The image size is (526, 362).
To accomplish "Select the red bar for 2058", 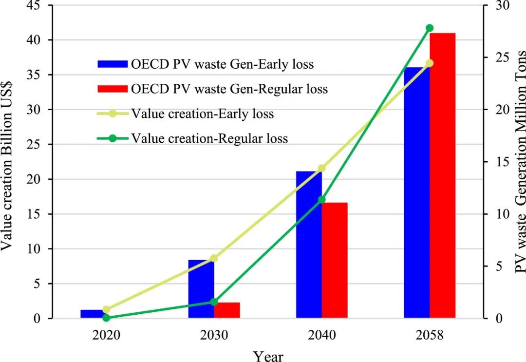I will pos(442,175).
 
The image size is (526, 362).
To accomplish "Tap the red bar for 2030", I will pos(227,310).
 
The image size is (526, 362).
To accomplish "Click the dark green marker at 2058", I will pos(430,28).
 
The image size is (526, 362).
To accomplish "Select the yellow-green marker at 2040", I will pos(321,168).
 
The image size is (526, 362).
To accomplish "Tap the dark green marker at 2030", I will pos(214,302).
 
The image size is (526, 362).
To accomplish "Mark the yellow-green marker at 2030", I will pos(214,258).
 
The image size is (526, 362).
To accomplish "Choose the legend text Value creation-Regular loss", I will pos(209,139).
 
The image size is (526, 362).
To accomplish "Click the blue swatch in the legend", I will pos(112,64).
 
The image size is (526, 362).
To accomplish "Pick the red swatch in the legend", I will pos(112,89).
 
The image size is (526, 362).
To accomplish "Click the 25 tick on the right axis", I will pos(494,57).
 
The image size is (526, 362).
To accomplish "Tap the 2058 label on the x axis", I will pos(430,336).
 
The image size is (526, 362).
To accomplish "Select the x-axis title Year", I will pos(268,355).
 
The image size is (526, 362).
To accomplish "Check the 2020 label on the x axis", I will pos(106,336).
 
